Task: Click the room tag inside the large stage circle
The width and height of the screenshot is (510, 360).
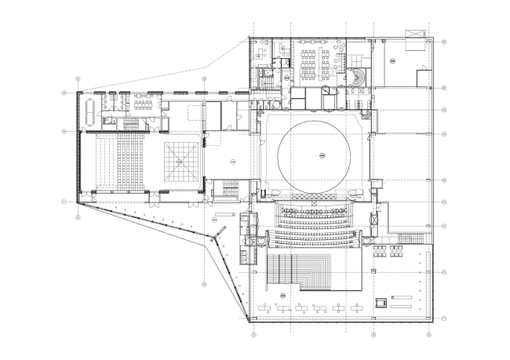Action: pyautogui.click(x=320, y=157)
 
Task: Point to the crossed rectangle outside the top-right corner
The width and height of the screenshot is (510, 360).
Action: pyautogui.click(x=413, y=31)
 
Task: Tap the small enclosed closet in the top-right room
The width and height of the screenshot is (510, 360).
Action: pyautogui.click(x=423, y=78)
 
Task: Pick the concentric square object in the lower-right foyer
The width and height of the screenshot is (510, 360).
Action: pyautogui.click(x=381, y=301)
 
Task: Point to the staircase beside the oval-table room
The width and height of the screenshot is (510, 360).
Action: pyautogui.click(x=129, y=123)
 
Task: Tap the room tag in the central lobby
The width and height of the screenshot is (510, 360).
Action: pyautogui.click(x=232, y=160)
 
